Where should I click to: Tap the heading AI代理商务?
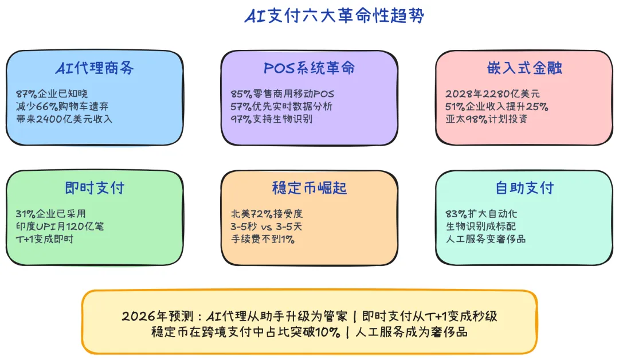pyautogui.click(x=95, y=68)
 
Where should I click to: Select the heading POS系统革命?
pyautogui.click(x=309, y=68)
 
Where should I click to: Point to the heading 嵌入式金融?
pyautogui.click(x=524, y=68)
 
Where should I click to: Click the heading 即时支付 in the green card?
pyautogui.click(x=95, y=188)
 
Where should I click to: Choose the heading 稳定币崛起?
pyautogui.click(x=309, y=188)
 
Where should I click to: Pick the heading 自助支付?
pyautogui.click(x=524, y=188)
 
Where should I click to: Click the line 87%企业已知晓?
pyautogui.click(x=52, y=94)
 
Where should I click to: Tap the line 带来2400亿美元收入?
pyautogui.click(x=64, y=119)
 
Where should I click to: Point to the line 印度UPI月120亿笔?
pyautogui.click(x=60, y=226)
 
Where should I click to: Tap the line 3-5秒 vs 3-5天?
pyautogui.click(x=267, y=226)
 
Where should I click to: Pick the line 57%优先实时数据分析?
pyautogui.click(x=281, y=107)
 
